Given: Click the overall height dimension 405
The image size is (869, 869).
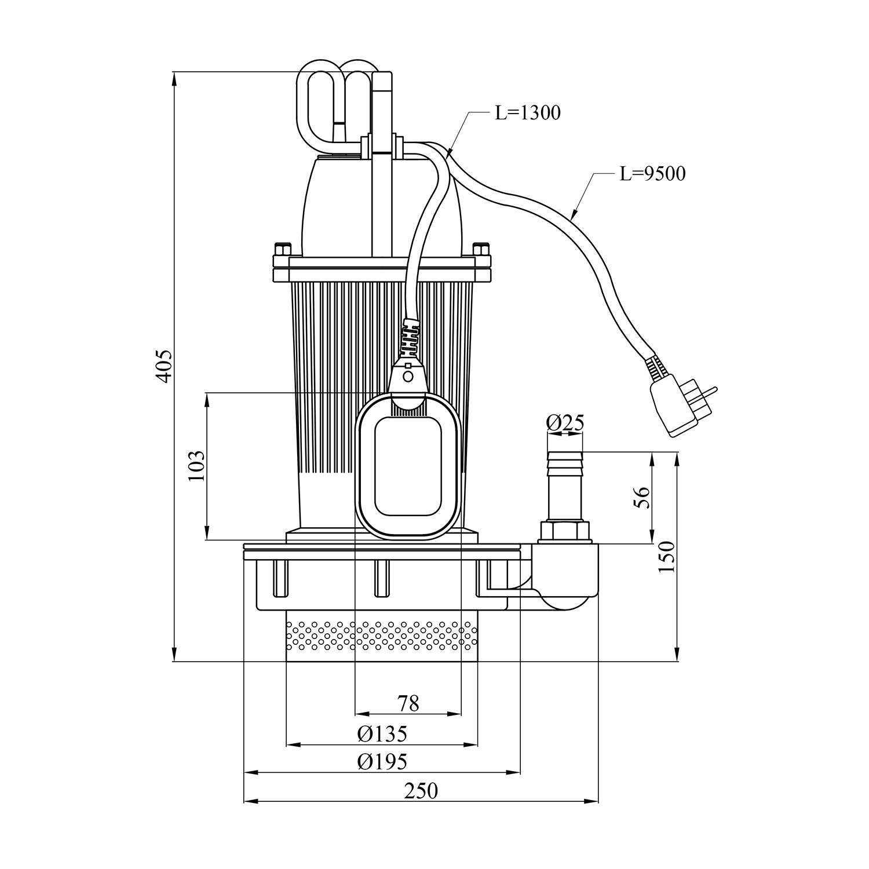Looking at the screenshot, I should tap(165, 366).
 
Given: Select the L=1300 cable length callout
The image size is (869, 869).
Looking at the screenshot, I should tap(527, 112).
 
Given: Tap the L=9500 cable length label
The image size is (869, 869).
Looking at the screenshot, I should tap(652, 173).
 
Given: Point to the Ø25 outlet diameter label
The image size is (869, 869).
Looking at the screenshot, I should tap(565, 423).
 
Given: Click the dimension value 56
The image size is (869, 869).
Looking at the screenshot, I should tap(642, 497).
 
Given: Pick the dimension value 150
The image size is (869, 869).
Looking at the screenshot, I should tap(667, 556).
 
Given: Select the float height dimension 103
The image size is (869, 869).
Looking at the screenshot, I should tap(197, 465).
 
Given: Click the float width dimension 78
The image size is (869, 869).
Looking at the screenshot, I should tap(408, 703).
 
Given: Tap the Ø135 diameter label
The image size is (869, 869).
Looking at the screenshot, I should tap(382, 733).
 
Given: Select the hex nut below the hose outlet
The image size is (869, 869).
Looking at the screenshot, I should tap(565, 531).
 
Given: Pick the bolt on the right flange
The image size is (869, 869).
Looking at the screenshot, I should tap(481, 250).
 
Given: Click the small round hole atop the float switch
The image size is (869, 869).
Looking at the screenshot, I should tap(408, 376).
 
